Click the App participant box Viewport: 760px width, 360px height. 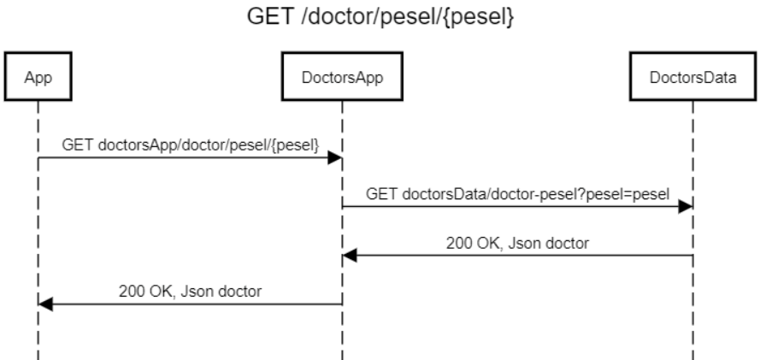[x=38, y=80]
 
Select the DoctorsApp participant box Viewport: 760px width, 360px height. [x=342, y=80]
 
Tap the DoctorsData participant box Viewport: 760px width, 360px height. [x=692, y=80]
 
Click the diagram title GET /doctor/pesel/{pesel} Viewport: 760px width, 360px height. [x=380, y=18]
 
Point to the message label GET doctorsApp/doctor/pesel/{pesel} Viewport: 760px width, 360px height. [x=191, y=145]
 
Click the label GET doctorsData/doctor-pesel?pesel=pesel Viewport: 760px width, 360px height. [x=516, y=194]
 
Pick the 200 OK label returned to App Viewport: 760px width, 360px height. [x=190, y=291]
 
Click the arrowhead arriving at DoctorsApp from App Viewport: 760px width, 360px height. [x=336, y=158]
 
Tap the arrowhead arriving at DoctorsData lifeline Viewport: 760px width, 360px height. [x=686, y=207]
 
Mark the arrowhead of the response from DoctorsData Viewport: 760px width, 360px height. [x=349, y=256]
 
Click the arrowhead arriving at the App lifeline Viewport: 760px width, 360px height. [x=45, y=304]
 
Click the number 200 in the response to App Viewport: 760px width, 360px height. [x=131, y=291]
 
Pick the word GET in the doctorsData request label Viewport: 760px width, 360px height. [x=380, y=194]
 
